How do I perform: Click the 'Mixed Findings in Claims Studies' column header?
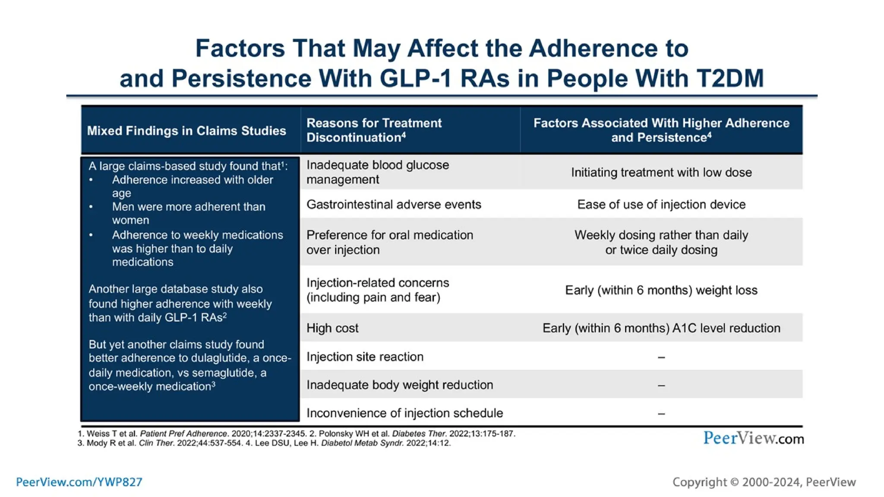(186, 131)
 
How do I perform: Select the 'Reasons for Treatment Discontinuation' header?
(374, 130)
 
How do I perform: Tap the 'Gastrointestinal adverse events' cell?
(394, 204)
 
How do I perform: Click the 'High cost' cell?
(332, 328)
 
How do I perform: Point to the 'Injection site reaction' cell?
(365, 357)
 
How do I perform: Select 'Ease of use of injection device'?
(661, 204)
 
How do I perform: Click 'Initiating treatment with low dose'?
(661, 173)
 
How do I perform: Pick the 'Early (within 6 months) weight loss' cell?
(661, 290)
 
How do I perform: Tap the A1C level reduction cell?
(661, 328)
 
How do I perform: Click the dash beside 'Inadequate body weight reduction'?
(661, 385)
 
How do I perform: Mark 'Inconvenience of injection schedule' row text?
(404, 413)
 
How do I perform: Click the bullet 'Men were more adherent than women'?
(188, 213)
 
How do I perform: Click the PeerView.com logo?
(753, 438)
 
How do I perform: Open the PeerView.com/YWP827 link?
(79, 482)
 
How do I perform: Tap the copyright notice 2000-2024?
(764, 482)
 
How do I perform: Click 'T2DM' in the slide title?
(730, 79)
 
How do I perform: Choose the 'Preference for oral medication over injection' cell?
(389, 242)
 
